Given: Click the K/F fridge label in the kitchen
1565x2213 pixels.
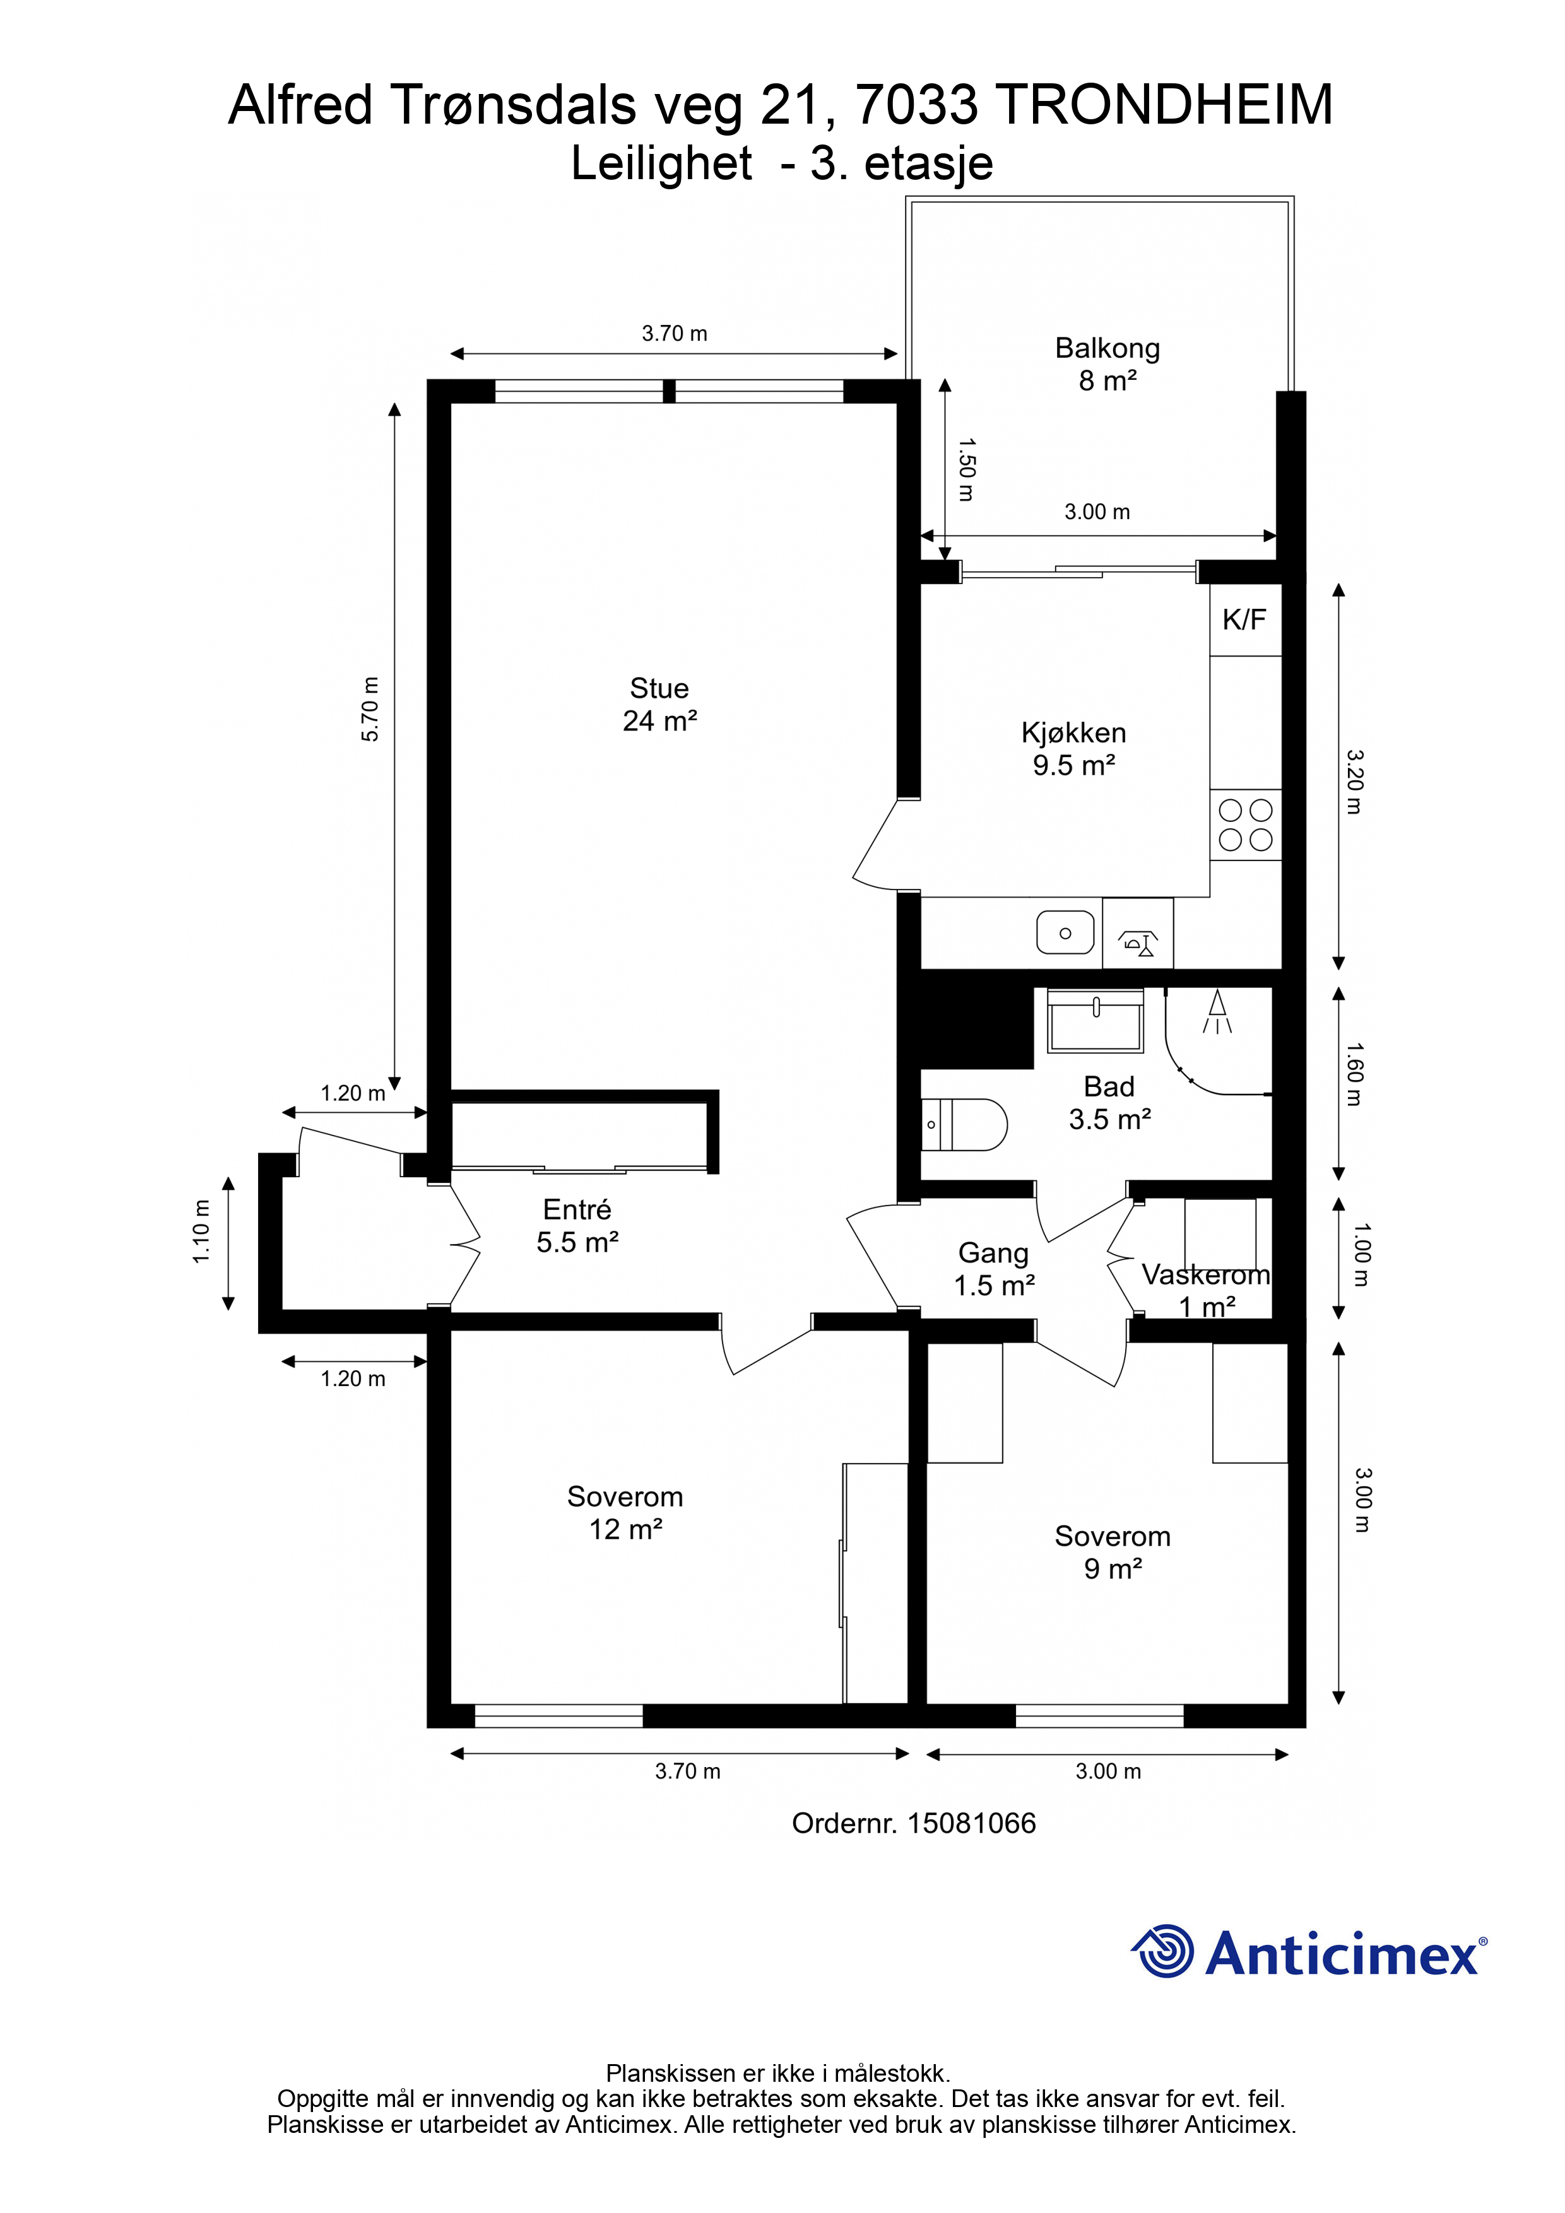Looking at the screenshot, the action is click(1244, 619).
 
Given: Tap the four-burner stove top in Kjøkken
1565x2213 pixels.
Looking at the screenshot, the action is click(1246, 825).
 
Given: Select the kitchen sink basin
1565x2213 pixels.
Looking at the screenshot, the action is click(1065, 933).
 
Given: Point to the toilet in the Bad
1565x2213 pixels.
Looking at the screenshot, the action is click(964, 1124).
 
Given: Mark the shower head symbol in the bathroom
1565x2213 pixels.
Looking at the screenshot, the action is click(1218, 1012).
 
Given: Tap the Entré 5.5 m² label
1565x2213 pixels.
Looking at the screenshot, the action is click(577, 1226).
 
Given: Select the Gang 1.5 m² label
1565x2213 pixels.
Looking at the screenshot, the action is click(994, 1269).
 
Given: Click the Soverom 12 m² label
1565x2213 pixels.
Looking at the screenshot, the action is click(625, 1512).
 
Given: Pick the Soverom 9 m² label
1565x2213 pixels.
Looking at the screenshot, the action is click(1113, 1552).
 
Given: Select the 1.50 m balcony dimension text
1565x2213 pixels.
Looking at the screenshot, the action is click(966, 469).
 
